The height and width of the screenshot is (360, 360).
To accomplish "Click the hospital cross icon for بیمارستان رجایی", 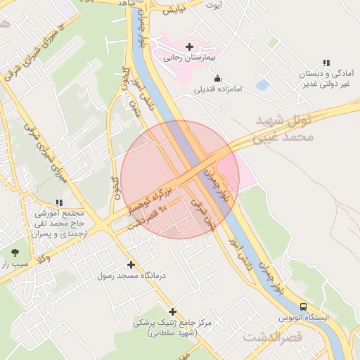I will pyautogui.click(x=189, y=46).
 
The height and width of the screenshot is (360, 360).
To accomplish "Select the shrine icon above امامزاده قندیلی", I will pyautogui.click(x=217, y=78).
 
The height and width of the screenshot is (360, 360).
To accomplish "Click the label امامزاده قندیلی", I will pyautogui.click(x=218, y=90).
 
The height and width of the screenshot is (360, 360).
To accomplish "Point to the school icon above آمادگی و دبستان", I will pyautogui.click(x=326, y=63).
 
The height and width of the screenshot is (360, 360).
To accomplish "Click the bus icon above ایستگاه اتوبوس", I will pyautogui.click(x=304, y=307).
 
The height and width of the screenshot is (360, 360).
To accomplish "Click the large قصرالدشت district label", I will pyautogui.click(x=273, y=337).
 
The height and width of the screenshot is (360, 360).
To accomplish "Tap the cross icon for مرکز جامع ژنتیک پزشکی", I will pyautogui.click(x=172, y=311).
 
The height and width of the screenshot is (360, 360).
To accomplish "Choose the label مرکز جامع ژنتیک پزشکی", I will pyautogui.click(x=172, y=327).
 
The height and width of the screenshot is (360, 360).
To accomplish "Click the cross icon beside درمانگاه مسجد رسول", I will pyautogui.click(x=131, y=265).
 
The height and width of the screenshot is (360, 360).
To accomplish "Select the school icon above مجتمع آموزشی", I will pyautogui.click(x=58, y=202).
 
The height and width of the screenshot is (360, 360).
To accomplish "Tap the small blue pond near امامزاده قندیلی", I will pyautogui.click(x=262, y=85).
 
